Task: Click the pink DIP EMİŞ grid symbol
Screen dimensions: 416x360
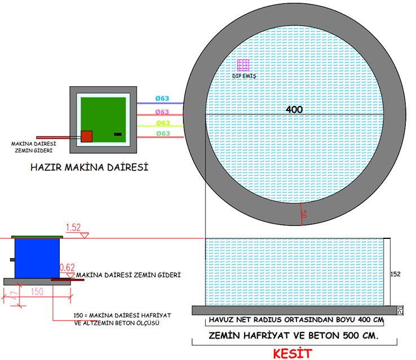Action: coord(243,65)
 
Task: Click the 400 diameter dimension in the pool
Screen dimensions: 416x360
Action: coord(294,109)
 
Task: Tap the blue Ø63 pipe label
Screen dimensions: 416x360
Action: coord(162,99)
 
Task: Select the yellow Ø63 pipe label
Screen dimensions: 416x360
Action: coord(163,123)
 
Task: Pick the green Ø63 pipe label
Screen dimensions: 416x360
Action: coord(163,134)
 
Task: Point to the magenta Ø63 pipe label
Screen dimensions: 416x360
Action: coord(162,112)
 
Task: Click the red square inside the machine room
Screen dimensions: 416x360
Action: coord(86,136)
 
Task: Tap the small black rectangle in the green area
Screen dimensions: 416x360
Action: coord(118,134)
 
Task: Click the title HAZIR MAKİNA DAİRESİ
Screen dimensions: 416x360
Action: coord(90,167)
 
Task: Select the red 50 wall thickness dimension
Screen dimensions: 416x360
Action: coord(304,214)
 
